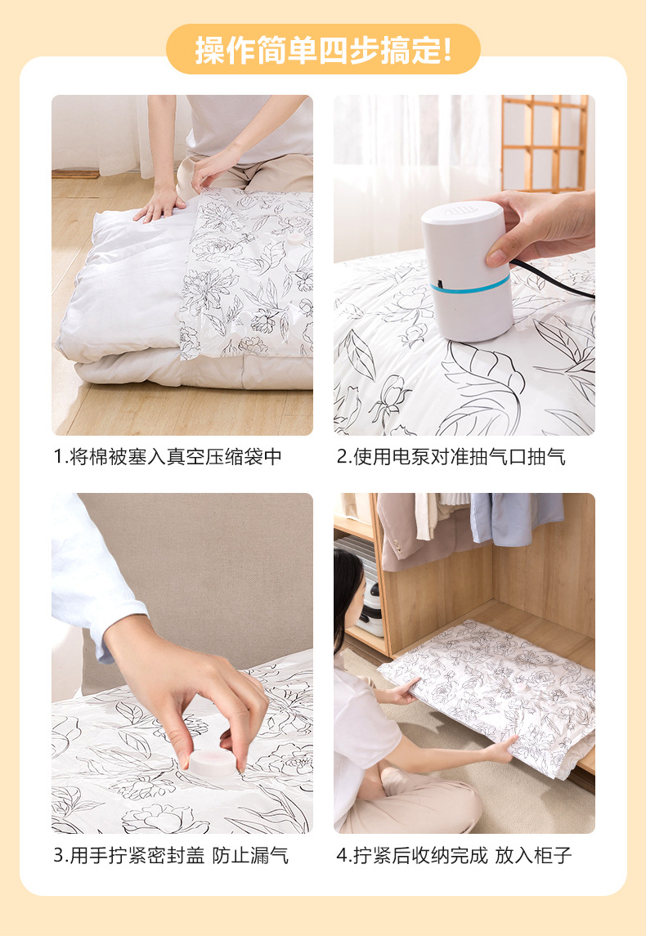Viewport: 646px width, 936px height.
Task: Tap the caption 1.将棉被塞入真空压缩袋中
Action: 168,457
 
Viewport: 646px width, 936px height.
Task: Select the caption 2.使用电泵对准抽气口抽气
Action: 451,457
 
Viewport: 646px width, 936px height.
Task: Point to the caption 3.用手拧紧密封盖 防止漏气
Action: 171,856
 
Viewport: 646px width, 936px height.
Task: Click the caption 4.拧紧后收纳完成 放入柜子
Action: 454,856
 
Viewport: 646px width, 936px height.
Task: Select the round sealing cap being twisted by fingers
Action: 213,762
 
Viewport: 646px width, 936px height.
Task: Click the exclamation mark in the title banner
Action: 446,50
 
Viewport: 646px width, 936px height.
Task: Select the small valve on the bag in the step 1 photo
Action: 292,239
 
